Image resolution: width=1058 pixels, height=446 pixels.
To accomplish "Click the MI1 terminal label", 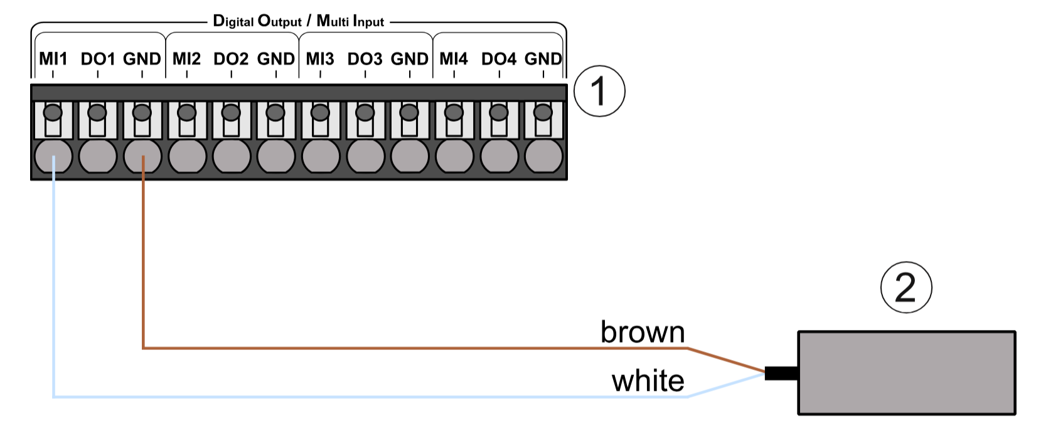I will point(53,59).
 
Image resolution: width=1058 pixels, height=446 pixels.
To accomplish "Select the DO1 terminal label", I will point(98,59).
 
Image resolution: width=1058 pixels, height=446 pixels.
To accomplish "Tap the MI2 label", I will point(186,59).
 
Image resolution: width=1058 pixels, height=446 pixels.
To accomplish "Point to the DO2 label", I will point(231,59).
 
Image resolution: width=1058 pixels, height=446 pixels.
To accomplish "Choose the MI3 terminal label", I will point(320,59).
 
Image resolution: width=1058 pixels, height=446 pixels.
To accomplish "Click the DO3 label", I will point(365,59).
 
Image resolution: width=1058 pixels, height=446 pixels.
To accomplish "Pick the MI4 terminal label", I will point(454,59).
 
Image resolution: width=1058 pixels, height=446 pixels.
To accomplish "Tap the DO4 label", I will point(499,59).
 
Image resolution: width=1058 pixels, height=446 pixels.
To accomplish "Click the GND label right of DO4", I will point(543,59).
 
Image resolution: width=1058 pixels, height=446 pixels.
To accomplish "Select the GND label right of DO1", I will point(142,59).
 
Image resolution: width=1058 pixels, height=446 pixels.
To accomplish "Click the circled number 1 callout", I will point(599,91).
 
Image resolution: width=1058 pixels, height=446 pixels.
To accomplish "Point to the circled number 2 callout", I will point(906,287).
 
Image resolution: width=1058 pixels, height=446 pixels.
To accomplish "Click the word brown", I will point(642,332).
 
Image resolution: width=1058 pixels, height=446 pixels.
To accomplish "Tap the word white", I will point(648,381).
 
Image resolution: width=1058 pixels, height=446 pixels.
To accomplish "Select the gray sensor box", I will point(906,373).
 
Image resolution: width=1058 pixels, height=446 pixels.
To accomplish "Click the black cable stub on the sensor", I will point(781,373).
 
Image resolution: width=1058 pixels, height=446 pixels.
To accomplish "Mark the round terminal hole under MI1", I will point(53,156).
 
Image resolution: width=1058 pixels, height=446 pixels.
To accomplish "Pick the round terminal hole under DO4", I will point(499,156).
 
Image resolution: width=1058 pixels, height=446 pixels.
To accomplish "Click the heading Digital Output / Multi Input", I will point(298,21).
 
